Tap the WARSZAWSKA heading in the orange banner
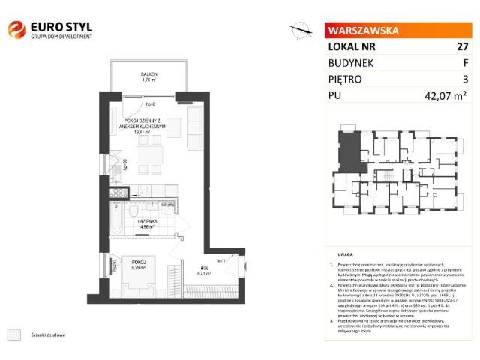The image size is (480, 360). click(361, 31)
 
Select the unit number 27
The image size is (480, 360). click(462, 46)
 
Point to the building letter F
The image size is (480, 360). click(465, 63)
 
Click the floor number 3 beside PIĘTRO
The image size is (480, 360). click(465, 79)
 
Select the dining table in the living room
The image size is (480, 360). click(149, 157)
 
